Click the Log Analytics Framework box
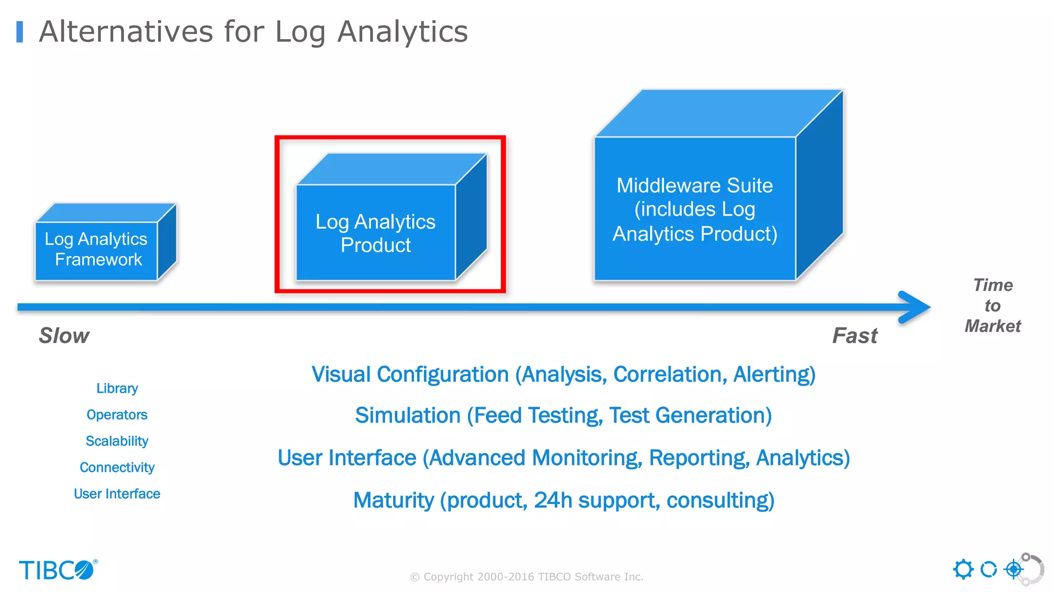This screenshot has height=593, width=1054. (x=96, y=250)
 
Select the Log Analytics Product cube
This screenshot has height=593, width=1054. (x=376, y=233)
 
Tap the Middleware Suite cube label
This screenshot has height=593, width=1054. (x=695, y=209)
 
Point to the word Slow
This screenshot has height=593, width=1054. (x=64, y=336)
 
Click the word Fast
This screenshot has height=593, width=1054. (x=855, y=336)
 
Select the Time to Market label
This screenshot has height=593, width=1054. (x=992, y=306)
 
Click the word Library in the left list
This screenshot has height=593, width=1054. (x=117, y=388)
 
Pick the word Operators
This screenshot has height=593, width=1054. (x=117, y=414)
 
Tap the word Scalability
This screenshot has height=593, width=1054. (x=117, y=441)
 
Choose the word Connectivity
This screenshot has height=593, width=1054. (x=117, y=467)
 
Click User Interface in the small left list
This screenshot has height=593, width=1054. (x=117, y=494)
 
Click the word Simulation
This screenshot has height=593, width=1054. (x=408, y=415)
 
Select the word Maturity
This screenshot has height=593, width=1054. (x=394, y=500)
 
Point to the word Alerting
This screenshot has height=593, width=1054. (x=774, y=375)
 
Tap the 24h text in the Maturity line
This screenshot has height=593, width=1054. (x=553, y=500)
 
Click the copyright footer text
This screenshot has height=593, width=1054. (x=526, y=577)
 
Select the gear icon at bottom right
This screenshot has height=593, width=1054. (x=963, y=569)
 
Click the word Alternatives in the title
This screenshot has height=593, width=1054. (x=126, y=32)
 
